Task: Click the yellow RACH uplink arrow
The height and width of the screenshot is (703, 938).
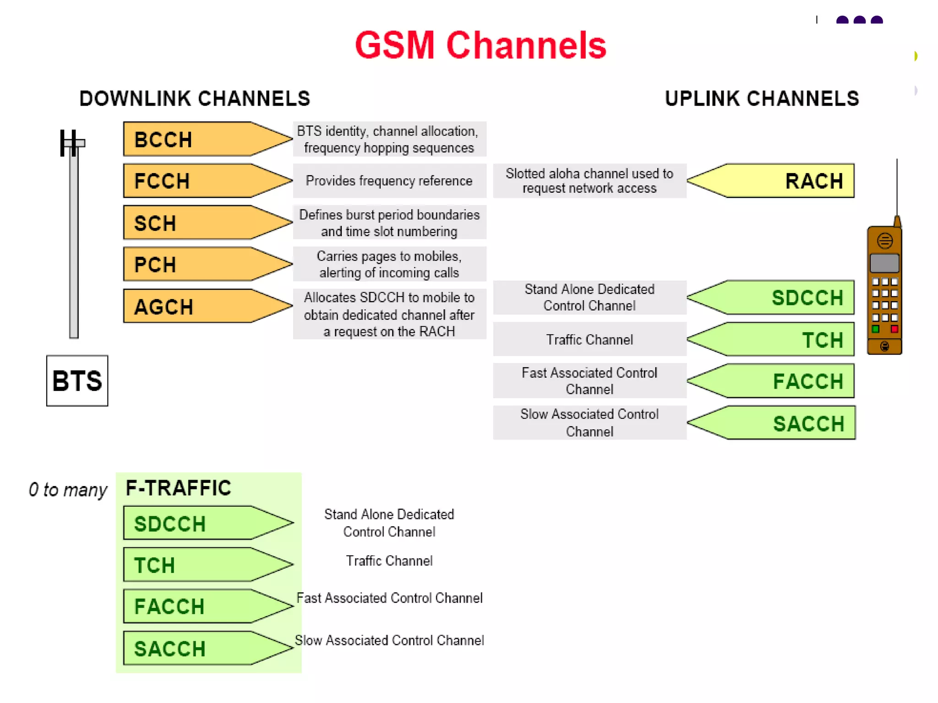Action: click(x=779, y=181)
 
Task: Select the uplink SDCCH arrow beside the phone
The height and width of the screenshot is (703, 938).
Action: click(x=779, y=298)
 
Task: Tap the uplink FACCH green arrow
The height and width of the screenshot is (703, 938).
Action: click(x=779, y=381)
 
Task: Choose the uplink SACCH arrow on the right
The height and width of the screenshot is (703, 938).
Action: click(x=779, y=423)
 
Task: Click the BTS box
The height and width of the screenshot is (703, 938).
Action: click(x=77, y=381)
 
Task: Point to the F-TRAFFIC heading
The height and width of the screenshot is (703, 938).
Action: click(x=178, y=488)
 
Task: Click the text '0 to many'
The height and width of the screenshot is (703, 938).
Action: click(x=68, y=490)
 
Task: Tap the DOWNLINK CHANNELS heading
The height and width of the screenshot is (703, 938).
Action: click(x=195, y=98)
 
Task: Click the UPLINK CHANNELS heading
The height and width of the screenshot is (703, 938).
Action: click(x=762, y=98)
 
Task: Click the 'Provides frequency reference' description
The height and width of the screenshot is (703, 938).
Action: click(x=389, y=181)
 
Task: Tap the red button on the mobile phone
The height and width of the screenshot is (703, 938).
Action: click(x=894, y=329)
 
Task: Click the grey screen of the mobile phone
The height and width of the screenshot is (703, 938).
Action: click(x=884, y=263)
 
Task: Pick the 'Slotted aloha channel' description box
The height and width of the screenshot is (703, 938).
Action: click(x=589, y=181)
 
